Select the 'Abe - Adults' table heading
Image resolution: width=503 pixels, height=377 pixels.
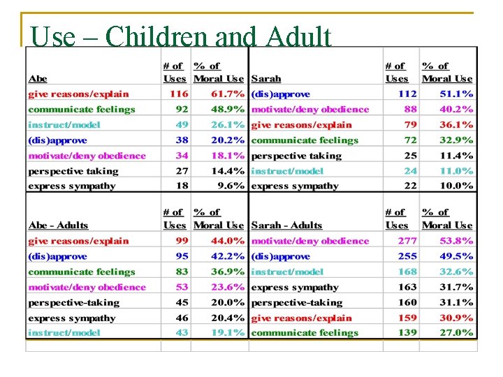58,226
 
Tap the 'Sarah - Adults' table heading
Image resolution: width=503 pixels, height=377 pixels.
286,226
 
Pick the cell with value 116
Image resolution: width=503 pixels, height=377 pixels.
178,94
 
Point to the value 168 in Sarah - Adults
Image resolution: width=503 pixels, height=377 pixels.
407,272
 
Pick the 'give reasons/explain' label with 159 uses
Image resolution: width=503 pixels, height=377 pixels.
301,318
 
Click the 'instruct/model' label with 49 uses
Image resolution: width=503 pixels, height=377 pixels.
64,125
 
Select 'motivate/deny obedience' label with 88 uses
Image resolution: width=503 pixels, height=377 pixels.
309,109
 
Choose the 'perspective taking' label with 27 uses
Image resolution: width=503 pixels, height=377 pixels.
73,171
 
